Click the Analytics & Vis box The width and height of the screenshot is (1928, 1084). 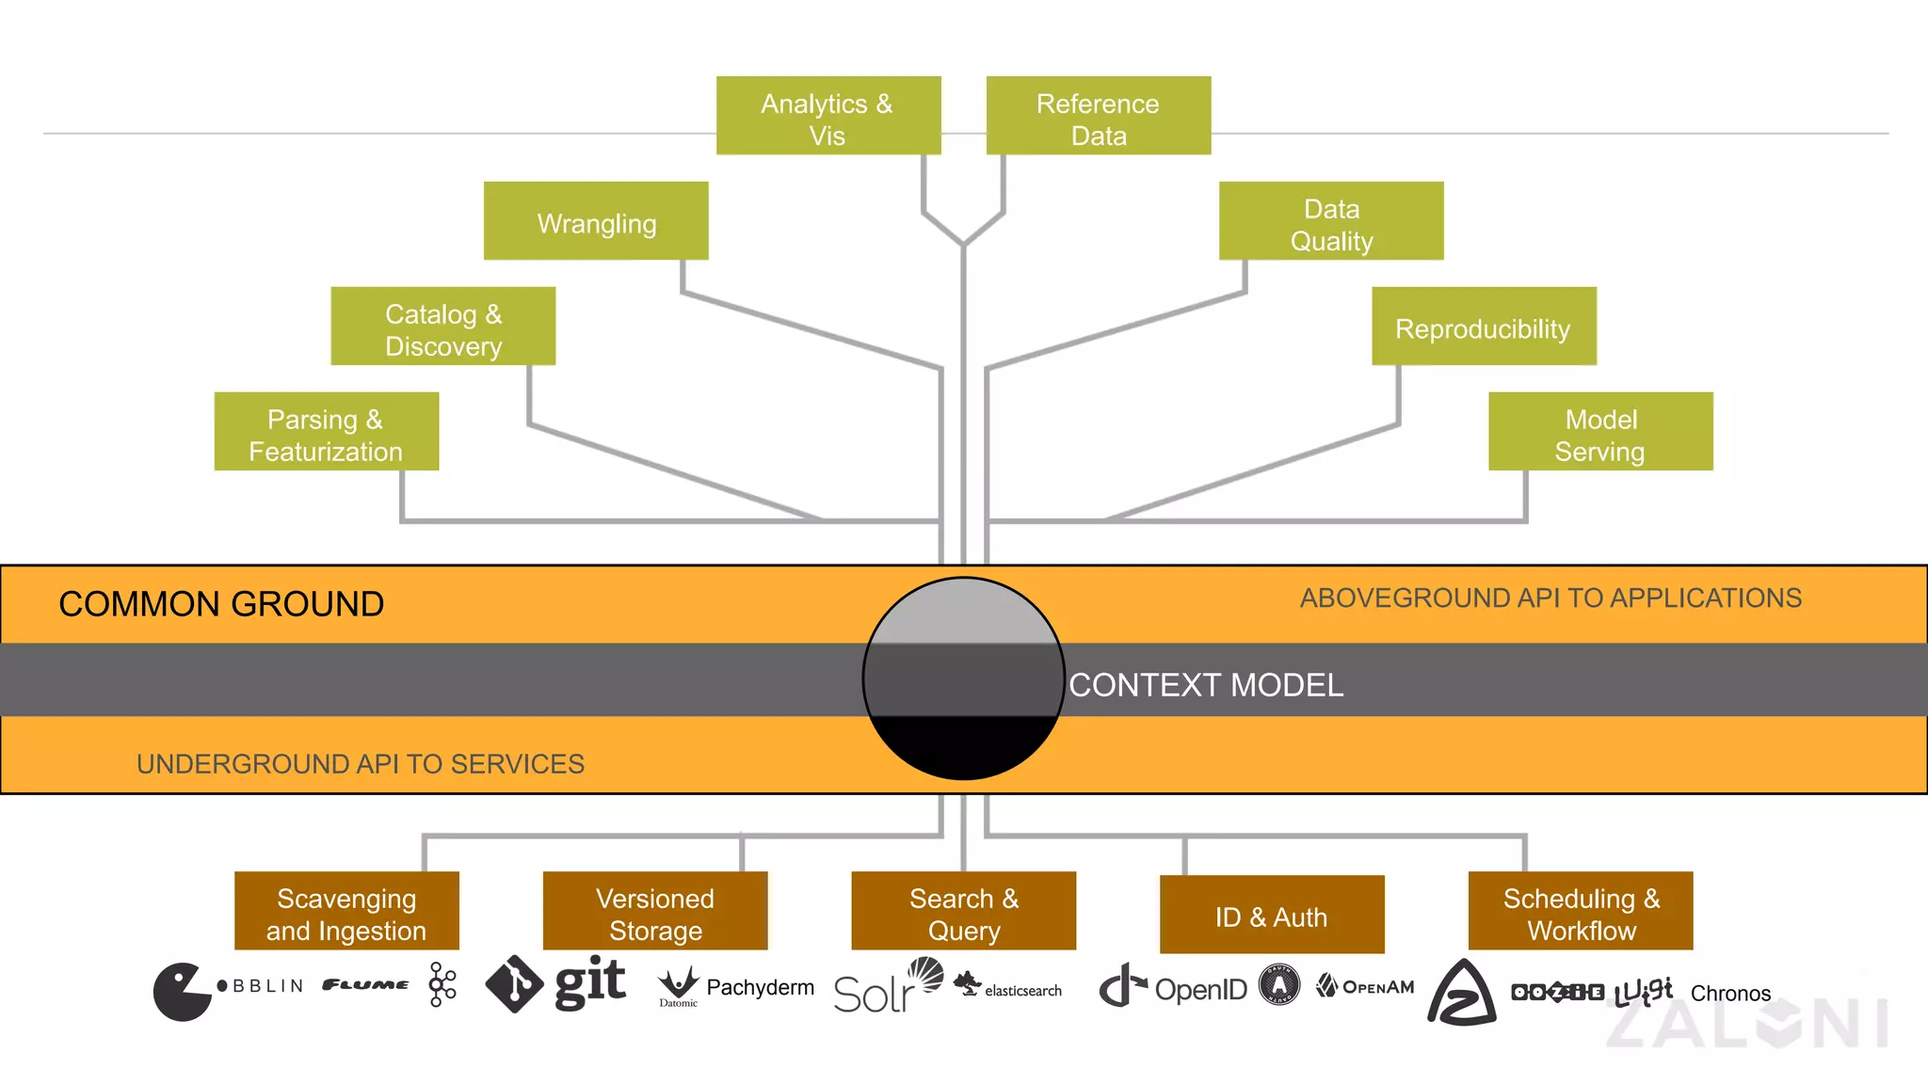pos(828,116)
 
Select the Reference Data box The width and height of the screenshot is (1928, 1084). pos(1098,116)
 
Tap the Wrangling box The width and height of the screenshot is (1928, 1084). pos(596,221)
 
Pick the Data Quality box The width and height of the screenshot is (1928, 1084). pos(1330,221)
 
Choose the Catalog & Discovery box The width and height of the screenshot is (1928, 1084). pos(442,327)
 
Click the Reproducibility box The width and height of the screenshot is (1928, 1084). pos(1484,327)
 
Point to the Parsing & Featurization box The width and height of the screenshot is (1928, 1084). pos(326,432)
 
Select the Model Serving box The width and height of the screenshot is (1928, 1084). pos(1600,432)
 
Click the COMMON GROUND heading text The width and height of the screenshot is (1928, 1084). pos(221,604)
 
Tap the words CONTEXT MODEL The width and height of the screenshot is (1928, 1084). pos(1206,685)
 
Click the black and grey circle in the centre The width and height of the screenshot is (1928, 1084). pos(963,677)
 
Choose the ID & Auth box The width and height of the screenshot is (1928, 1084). pos(1272,915)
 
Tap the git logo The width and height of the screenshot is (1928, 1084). pos(555,983)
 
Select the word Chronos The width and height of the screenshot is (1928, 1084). pos(1730,994)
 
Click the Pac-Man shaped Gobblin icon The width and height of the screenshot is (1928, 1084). pos(181,991)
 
